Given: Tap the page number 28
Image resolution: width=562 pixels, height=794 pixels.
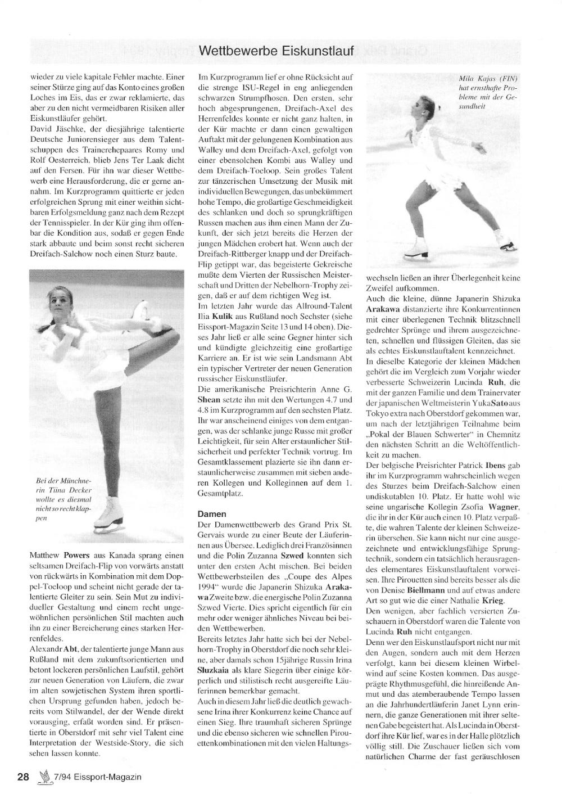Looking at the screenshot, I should [x=23, y=777].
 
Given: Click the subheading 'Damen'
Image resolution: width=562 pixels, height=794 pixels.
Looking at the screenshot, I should [x=212, y=513].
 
